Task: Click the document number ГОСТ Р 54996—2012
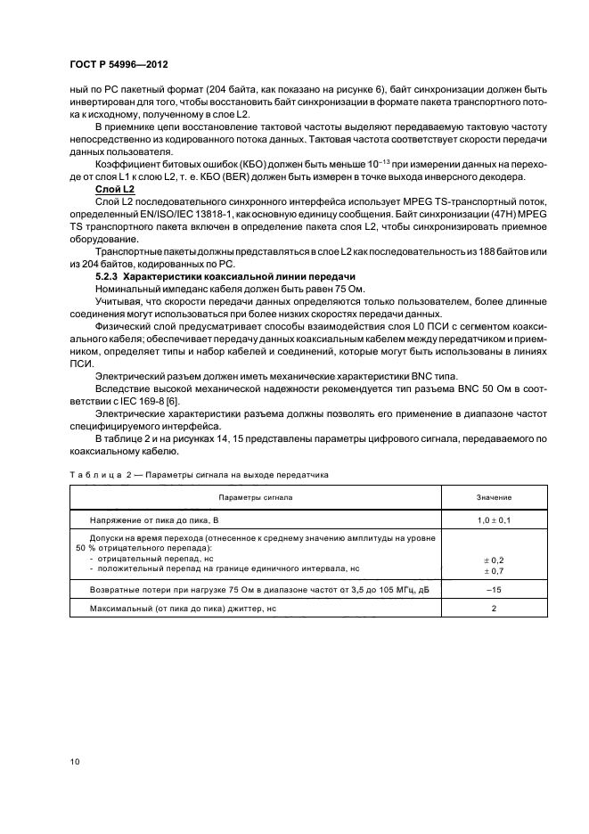(119, 66)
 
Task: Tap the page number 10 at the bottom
(75, 760)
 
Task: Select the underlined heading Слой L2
(114, 190)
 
